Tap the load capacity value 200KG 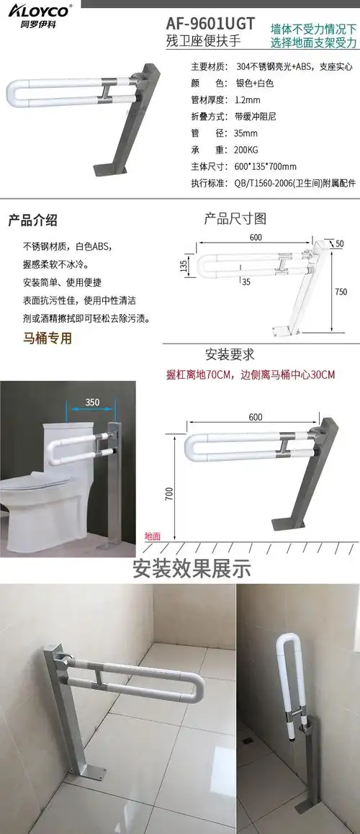point(249,151)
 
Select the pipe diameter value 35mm point(246,134)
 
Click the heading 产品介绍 point(32,220)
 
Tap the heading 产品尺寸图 point(235,218)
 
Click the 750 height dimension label point(341,292)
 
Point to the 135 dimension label point(184,266)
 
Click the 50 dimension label point(340,243)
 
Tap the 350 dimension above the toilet point(92,401)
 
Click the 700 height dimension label point(168,494)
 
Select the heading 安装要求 point(230,354)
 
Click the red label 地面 point(153,536)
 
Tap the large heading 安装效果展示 point(192,568)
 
